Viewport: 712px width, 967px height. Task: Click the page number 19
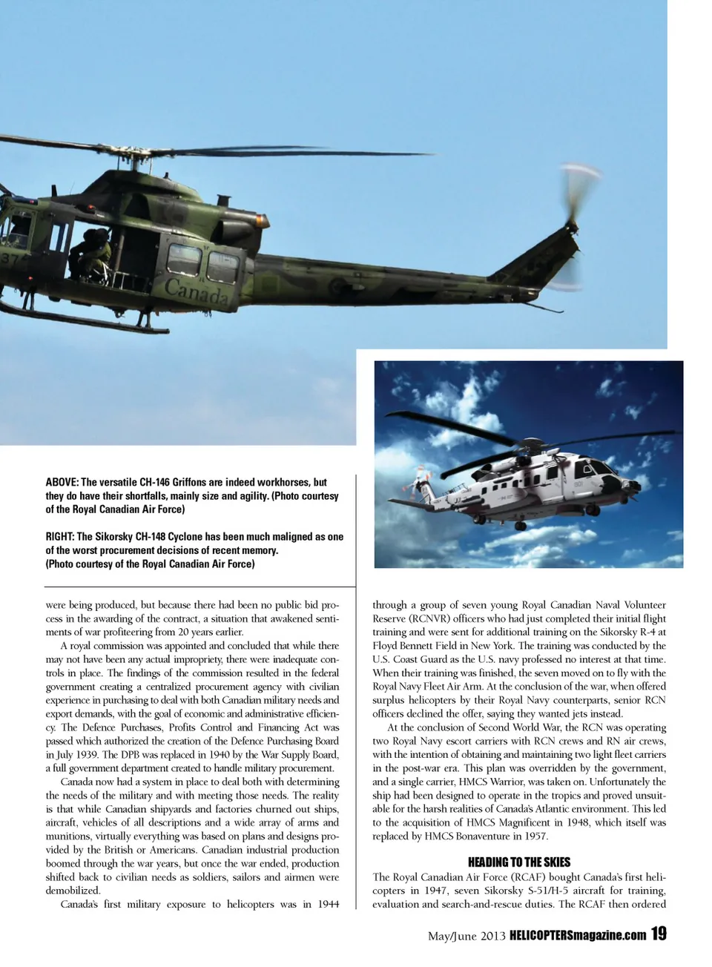coord(659,934)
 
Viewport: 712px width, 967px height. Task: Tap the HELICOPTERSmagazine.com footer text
coord(578,936)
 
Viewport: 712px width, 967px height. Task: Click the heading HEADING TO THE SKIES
coord(519,862)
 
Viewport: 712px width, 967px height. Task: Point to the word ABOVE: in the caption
coord(62,483)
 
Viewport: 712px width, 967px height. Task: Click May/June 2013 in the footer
coord(466,936)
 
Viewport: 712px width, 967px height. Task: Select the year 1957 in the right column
coord(533,836)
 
